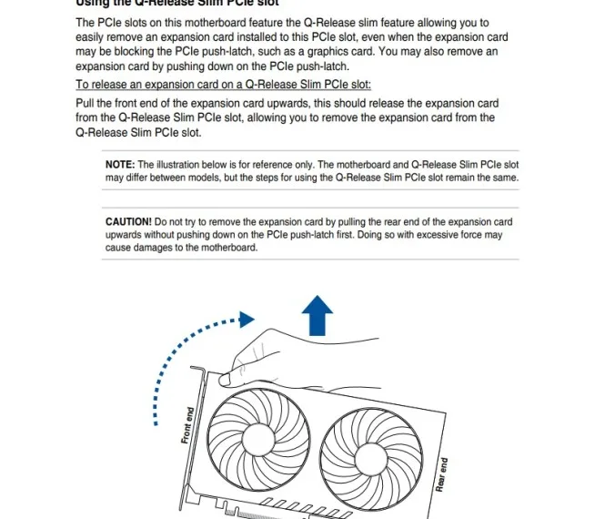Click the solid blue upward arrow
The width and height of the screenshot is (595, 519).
point(317,318)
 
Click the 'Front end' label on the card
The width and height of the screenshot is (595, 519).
point(188,425)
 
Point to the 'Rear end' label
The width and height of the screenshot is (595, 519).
point(442,474)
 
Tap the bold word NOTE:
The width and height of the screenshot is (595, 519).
point(120,165)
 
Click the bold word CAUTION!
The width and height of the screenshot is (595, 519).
point(128,222)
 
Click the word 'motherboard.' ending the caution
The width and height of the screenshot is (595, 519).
point(227,248)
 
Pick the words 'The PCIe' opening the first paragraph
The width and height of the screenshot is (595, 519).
point(97,22)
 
